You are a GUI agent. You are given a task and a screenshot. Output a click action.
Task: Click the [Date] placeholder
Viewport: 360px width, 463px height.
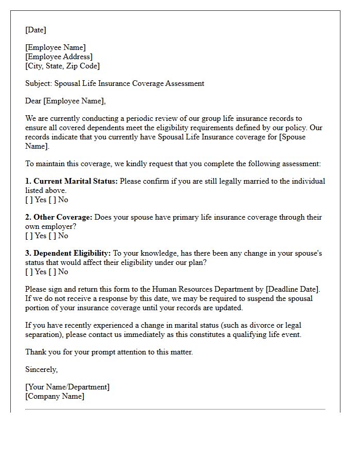[x=35, y=30]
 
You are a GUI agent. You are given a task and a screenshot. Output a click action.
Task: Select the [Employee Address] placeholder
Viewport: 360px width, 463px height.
[x=59, y=57]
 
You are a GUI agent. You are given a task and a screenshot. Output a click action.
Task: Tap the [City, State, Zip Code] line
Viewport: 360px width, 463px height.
[x=63, y=66]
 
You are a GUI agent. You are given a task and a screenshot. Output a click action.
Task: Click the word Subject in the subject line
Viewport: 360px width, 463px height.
[x=38, y=83]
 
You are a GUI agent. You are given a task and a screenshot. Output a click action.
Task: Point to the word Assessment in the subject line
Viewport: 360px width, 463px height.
[x=185, y=83]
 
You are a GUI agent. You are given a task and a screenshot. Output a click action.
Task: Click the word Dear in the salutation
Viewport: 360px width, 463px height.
[x=33, y=101]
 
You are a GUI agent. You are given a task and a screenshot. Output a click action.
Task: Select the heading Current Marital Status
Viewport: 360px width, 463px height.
[x=75, y=181]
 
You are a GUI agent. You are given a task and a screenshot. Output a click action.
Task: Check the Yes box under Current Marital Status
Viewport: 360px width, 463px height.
[x=28, y=200]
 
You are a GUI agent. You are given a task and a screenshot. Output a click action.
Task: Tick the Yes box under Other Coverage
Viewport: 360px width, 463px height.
[x=28, y=236]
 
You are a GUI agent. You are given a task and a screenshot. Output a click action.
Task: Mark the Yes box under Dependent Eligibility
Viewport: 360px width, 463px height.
[x=28, y=272]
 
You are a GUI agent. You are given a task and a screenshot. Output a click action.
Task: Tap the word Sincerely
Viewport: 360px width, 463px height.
[x=41, y=369]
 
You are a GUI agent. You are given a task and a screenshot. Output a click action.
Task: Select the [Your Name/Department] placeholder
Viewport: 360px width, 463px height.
[x=67, y=387]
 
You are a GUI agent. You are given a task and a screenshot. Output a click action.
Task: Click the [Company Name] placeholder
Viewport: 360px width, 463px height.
[x=55, y=396]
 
